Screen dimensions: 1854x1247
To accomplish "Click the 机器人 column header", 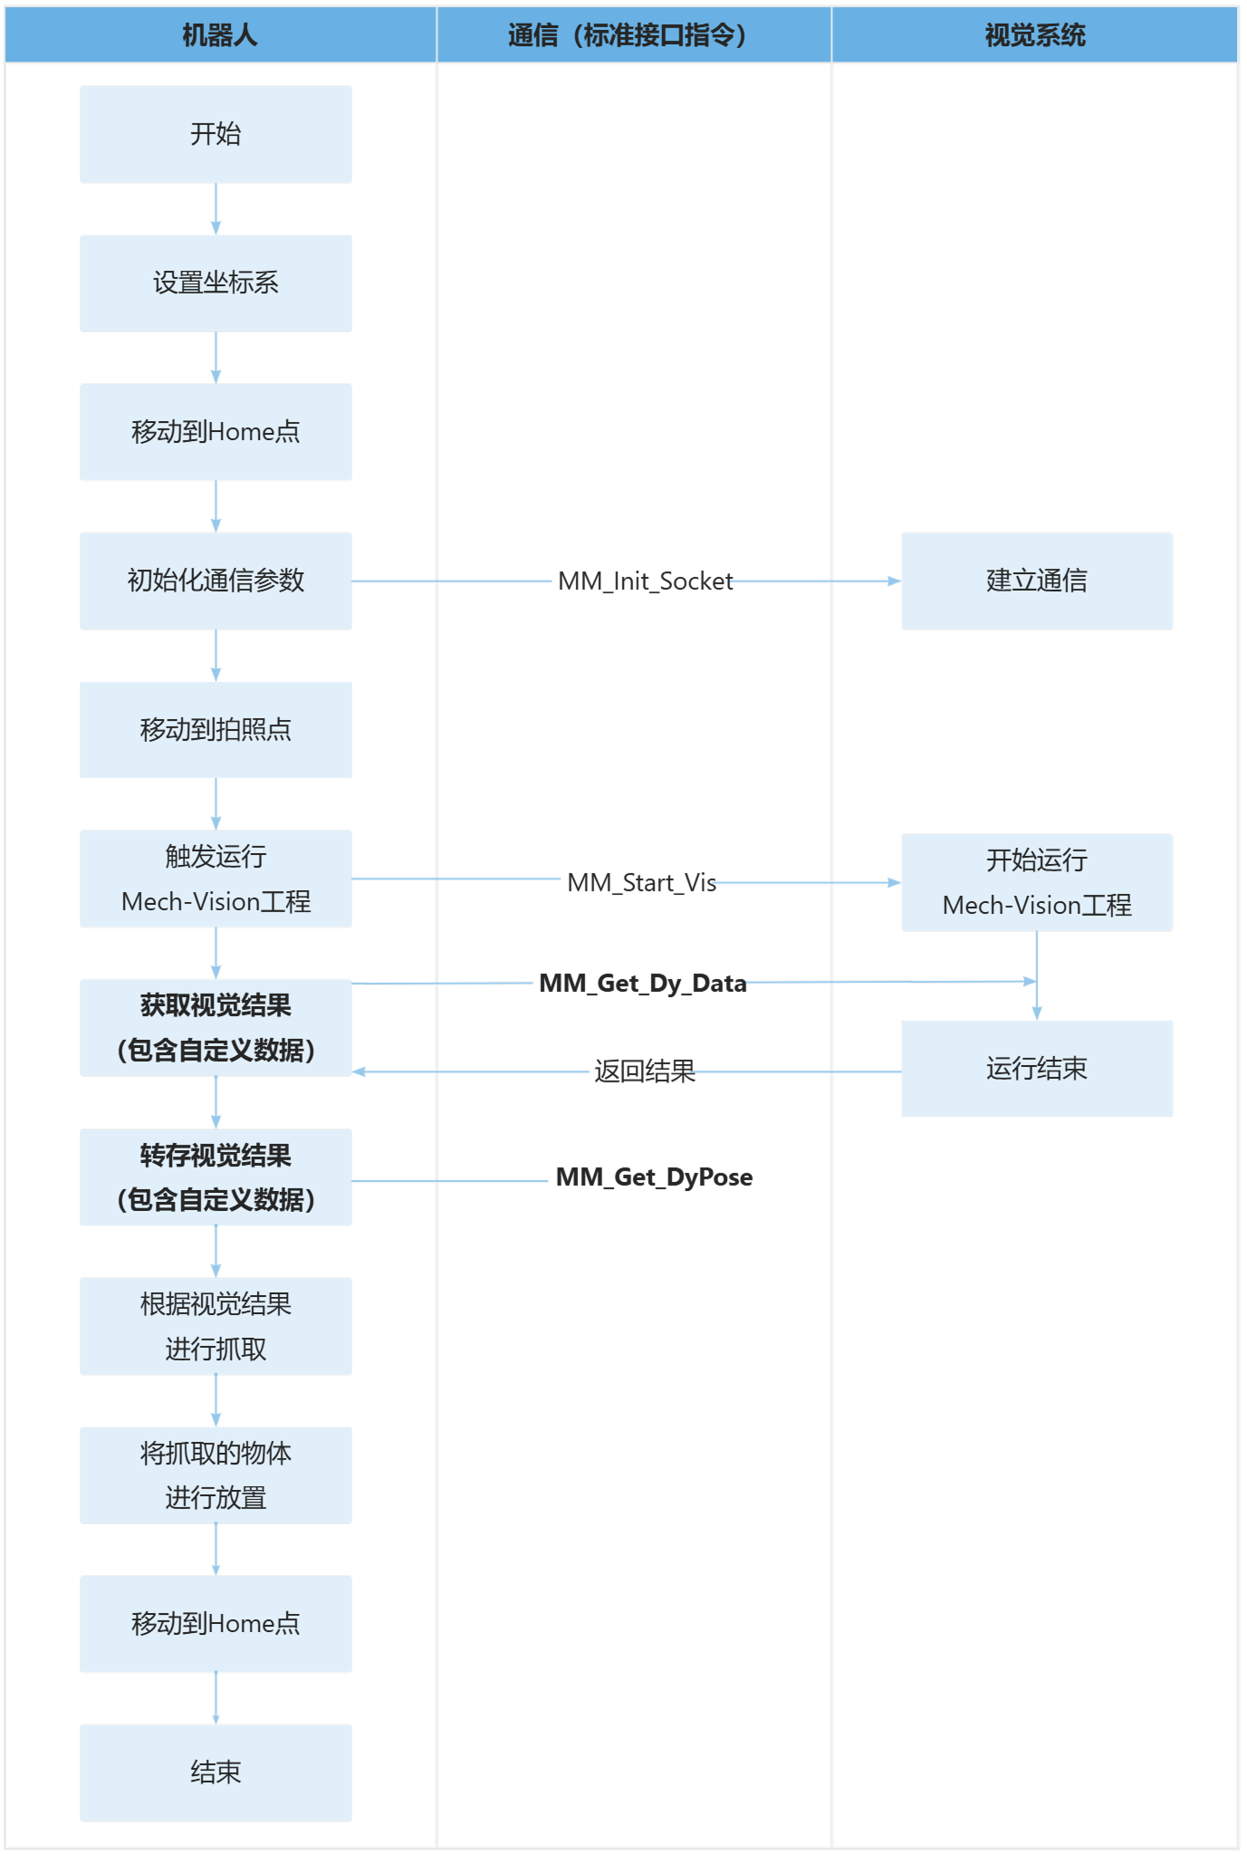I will [x=220, y=35].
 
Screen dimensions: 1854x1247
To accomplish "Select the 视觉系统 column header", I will [x=1034, y=35].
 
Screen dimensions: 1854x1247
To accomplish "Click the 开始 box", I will [x=216, y=134].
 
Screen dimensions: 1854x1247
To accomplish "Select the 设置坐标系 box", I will [x=216, y=283].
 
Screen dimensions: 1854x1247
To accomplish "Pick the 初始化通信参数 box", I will [x=216, y=581].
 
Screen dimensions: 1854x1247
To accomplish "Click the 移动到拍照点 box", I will [x=216, y=730].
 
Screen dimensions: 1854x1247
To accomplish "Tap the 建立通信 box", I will [x=1036, y=581].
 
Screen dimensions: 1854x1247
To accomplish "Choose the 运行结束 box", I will [x=1036, y=1069].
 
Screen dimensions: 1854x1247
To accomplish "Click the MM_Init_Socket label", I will [x=645, y=581].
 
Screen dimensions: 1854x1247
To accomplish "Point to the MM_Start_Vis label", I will [x=641, y=882].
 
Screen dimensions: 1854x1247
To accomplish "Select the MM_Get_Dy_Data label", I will [x=642, y=983].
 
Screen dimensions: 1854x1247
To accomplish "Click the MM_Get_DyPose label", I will [x=654, y=1177].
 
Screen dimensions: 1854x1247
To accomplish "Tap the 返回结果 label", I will [x=644, y=1071].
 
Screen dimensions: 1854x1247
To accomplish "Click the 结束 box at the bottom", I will [x=216, y=1772].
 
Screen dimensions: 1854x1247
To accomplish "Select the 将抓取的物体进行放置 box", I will [x=216, y=1475].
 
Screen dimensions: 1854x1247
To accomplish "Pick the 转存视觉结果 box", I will [x=216, y=1177].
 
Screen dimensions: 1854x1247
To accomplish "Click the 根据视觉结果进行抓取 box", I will [x=216, y=1326].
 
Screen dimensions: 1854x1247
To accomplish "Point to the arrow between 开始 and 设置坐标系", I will [x=216, y=209].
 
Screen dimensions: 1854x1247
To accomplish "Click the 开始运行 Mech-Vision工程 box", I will [x=1036, y=882].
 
